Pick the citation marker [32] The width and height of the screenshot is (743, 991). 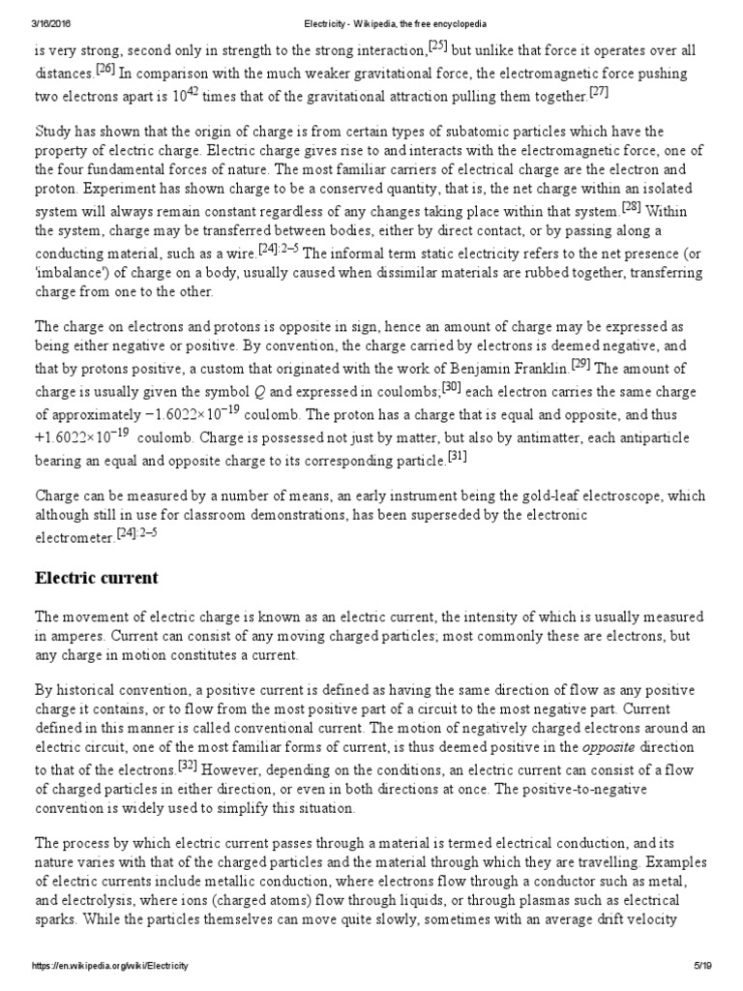click(x=189, y=737)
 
